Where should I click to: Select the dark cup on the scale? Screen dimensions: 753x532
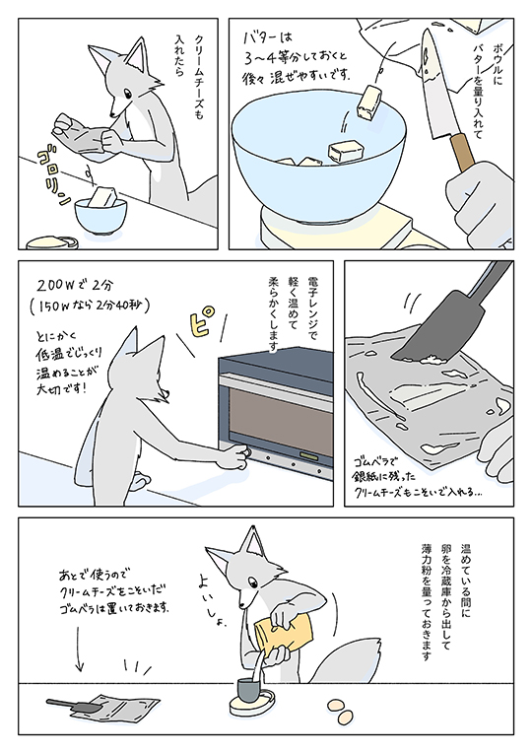249,690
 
